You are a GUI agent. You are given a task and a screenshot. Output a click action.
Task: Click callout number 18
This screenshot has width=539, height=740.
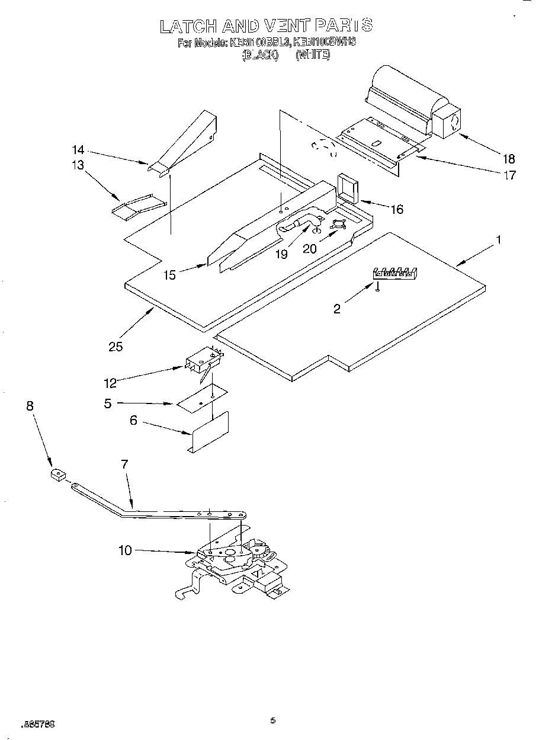pos(509,158)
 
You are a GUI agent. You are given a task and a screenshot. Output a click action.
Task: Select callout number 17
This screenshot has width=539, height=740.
pos(509,175)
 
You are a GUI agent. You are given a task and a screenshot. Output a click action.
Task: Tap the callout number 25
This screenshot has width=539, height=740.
pos(115,347)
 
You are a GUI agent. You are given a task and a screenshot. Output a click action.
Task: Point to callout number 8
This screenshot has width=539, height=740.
pos(30,406)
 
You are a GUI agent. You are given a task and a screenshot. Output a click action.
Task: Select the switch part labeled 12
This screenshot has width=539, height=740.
pos(200,362)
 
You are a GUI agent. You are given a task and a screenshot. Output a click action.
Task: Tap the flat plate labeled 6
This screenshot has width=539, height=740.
pos(210,431)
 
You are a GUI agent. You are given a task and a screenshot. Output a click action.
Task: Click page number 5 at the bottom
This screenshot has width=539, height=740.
pos(272,720)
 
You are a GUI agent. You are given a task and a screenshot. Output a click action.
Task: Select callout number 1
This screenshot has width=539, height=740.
pos(499,240)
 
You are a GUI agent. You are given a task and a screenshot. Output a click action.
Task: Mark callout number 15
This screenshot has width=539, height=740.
pos(170,276)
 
